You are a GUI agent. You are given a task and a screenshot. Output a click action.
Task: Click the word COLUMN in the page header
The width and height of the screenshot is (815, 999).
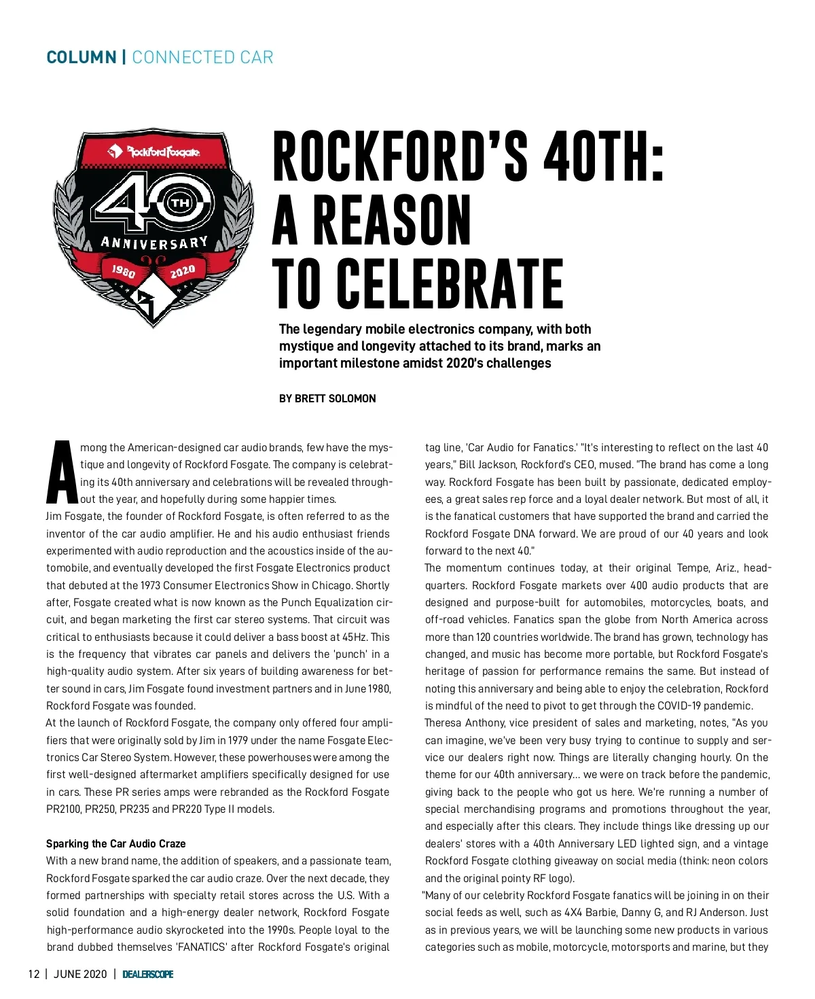pos(81,57)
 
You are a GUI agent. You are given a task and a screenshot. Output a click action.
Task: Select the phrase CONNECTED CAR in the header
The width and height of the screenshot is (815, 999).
pos(202,57)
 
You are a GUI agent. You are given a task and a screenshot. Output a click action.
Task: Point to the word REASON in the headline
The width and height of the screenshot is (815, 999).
pos(392,220)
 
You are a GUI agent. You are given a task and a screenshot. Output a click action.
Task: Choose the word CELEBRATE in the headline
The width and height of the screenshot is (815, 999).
pos(450,283)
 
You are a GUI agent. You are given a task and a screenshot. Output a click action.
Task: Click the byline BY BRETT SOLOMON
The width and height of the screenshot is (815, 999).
pos(327,398)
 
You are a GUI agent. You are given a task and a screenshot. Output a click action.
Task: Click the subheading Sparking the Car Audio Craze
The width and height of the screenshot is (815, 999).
pos(115,843)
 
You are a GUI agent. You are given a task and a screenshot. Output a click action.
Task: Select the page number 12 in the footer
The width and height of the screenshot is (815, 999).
pos(34,974)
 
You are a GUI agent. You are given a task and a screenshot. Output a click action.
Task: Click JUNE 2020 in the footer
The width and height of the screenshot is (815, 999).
pos(80,974)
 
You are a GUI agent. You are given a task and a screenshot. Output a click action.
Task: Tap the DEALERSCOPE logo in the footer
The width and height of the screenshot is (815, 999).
pos(148,974)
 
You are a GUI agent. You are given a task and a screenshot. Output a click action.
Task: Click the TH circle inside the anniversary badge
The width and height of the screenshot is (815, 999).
pos(181,203)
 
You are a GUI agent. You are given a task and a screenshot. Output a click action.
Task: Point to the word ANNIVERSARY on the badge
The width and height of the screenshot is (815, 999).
pos(154,243)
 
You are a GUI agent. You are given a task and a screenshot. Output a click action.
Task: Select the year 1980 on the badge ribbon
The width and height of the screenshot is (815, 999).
pos(124,272)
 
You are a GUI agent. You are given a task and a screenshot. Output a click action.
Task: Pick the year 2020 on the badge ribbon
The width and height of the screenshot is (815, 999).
pos(183,272)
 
